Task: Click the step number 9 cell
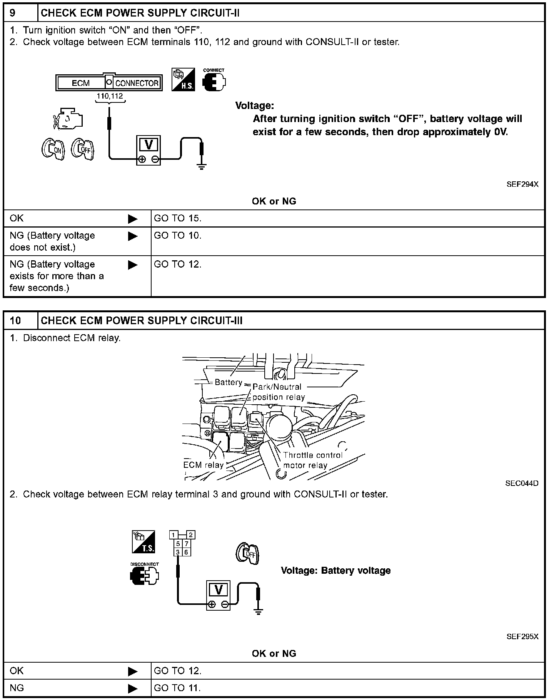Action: pyautogui.click(x=21, y=13)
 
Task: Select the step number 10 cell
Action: pyautogui.click(x=21, y=320)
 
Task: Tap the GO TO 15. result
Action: pyautogui.click(x=178, y=218)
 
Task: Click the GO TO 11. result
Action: pyautogui.click(x=177, y=688)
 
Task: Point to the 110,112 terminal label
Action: pyautogui.click(x=110, y=96)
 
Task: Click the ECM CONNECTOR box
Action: pyautogui.click(x=108, y=83)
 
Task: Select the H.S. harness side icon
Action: pyautogui.click(x=183, y=80)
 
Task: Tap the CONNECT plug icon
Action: pyautogui.click(x=214, y=80)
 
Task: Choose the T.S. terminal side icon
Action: pyautogui.click(x=143, y=542)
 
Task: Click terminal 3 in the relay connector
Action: pyautogui.click(x=178, y=552)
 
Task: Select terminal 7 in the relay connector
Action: pyautogui.click(x=186, y=544)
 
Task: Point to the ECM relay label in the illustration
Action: pyautogui.click(x=203, y=465)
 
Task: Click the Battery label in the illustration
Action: pyautogui.click(x=229, y=382)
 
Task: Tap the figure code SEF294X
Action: pyautogui.click(x=522, y=184)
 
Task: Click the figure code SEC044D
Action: pyautogui.click(x=522, y=483)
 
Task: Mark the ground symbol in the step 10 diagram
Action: pyautogui.click(x=259, y=611)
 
